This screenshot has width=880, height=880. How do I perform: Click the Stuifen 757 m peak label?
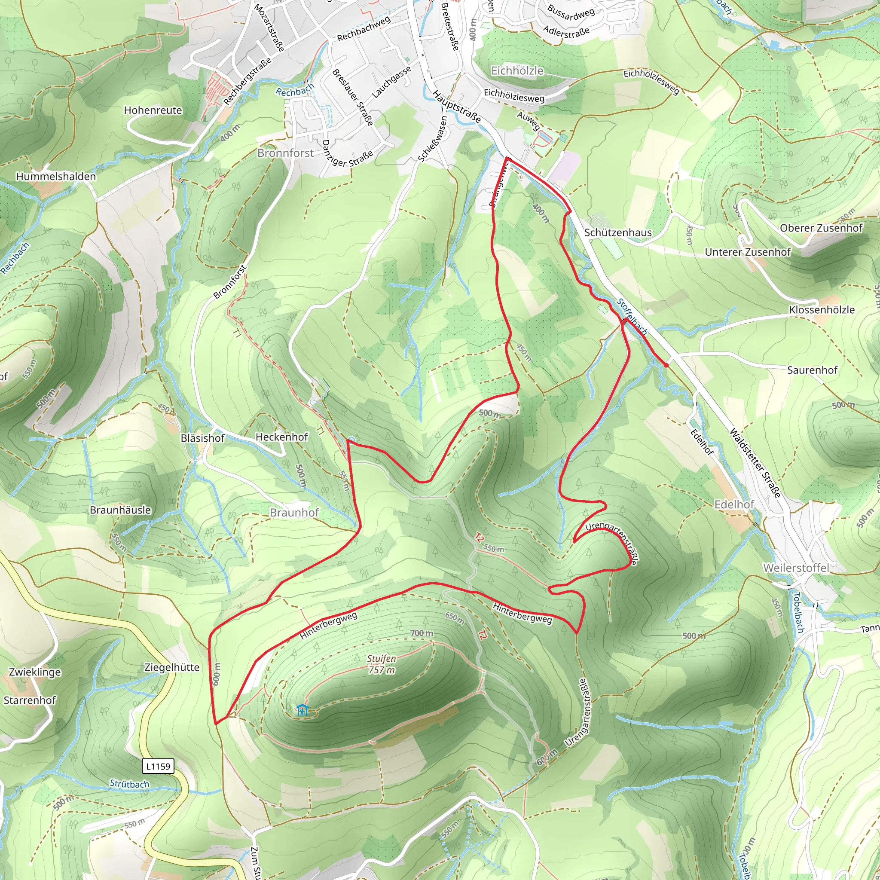[x=382, y=664]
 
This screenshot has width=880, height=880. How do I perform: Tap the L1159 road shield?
[x=158, y=766]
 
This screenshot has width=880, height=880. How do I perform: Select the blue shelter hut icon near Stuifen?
[x=302, y=710]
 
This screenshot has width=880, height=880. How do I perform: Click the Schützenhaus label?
[x=617, y=233]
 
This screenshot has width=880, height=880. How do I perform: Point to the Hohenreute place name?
[x=153, y=110]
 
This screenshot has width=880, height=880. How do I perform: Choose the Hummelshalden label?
[x=56, y=176]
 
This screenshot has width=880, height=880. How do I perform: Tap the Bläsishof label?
[x=203, y=438]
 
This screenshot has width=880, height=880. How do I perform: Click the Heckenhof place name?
[x=281, y=437]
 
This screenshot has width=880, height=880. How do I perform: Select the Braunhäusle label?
[x=120, y=510]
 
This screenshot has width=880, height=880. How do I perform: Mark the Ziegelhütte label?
[x=172, y=667]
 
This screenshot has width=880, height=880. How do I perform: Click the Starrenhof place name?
[x=30, y=700]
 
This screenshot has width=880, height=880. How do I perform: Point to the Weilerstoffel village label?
[x=796, y=568]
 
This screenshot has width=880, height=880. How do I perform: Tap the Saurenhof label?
[x=812, y=370]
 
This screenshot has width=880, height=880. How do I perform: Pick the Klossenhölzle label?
[x=822, y=310]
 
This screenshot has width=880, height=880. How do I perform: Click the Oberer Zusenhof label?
[x=821, y=228]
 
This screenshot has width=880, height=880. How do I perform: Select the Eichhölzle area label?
[x=517, y=70]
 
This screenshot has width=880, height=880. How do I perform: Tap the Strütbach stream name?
[x=129, y=783]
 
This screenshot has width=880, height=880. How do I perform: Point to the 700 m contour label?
[x=422, y=633]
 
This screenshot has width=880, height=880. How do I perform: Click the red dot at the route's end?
[x=666, y=365]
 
